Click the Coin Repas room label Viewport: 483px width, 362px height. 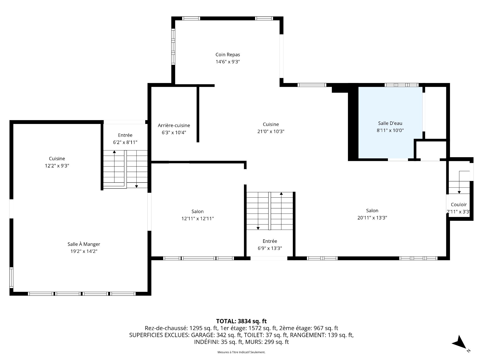pos(228,55)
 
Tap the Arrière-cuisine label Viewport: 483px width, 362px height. pos(174,125)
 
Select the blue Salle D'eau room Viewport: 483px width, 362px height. pos(390,123)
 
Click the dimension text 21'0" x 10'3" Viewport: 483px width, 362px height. pos(271,131)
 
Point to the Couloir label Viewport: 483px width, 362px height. pos(459,205)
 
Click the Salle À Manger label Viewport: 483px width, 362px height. pos(84,244)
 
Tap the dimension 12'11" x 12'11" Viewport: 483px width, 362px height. pos(197,218)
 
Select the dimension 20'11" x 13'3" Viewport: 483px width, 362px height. pos(372,218)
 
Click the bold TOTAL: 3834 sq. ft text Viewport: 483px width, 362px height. pos(241,321)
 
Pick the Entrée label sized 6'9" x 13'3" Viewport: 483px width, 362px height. pos(270,241)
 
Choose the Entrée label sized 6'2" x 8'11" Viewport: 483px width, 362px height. pos(125,135)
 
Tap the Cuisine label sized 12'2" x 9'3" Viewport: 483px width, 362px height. pos(57,159)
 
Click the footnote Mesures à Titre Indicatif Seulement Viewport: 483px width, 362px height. pos(241,352)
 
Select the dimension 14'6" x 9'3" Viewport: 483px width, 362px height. pos(228,62)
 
